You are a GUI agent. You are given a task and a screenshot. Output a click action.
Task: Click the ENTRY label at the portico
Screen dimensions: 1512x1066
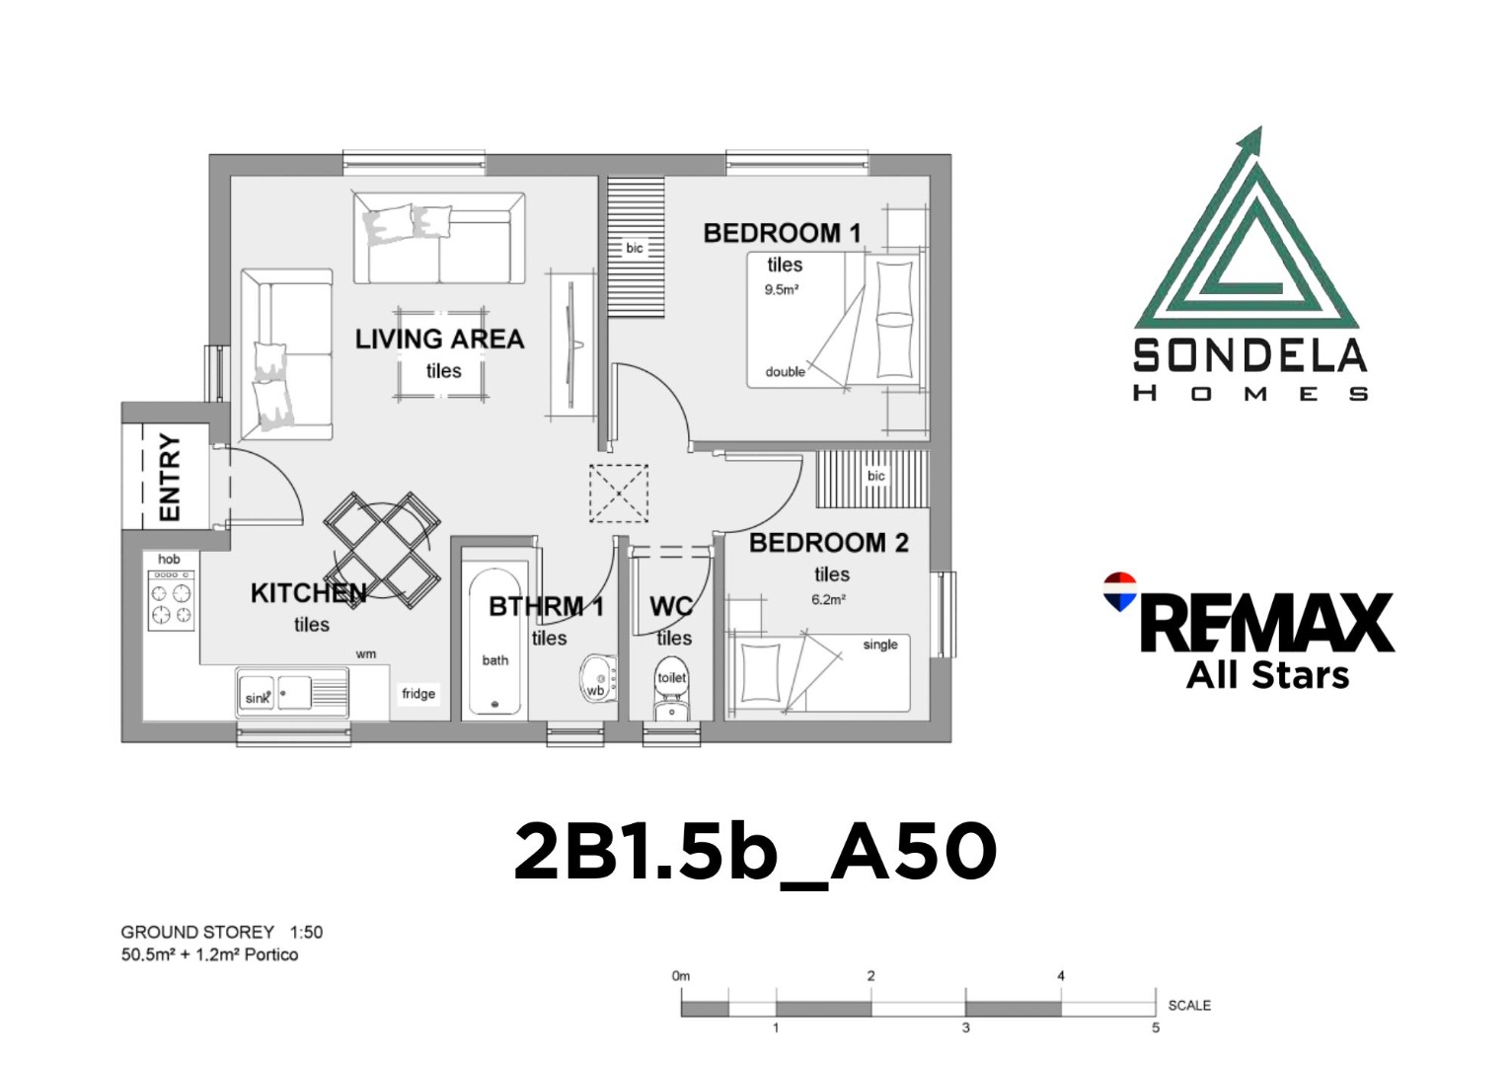click(170, 478)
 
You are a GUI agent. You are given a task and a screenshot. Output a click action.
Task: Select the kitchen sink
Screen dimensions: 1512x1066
click(291, 693)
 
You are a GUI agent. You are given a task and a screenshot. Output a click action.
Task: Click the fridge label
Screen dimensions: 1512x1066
click(418, 693)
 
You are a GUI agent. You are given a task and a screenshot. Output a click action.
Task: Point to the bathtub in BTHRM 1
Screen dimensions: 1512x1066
click(494, 642)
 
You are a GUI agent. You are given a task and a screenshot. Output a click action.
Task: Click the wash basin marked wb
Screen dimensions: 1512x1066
click(598, 679)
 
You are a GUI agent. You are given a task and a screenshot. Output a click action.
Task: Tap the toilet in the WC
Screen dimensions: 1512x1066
click(671, 688)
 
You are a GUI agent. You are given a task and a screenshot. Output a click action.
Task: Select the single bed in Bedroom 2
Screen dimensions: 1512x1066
click(817, 672)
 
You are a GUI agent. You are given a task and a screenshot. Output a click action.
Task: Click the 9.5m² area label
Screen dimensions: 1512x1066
click(782, 290)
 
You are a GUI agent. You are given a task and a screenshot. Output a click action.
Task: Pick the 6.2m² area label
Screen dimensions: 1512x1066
click(829, 599)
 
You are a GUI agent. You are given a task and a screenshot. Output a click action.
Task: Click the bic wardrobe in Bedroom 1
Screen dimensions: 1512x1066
click(636, 247)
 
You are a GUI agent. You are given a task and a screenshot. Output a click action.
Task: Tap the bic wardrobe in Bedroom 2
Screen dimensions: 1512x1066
click(872, 480)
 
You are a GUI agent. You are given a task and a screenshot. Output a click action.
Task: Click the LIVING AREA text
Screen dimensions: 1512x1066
click(439, 339)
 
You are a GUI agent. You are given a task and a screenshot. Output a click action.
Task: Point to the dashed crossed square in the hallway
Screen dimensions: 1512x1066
click(618, 494)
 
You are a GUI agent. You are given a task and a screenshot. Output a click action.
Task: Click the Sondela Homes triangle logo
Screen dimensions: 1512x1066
click(1247, 230)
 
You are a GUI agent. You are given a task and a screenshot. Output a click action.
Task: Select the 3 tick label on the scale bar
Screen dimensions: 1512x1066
click(966, 1028)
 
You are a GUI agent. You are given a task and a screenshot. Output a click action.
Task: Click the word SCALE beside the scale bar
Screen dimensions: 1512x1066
click(1189, 1005)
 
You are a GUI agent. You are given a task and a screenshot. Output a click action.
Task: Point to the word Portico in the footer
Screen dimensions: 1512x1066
click(271, 954)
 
